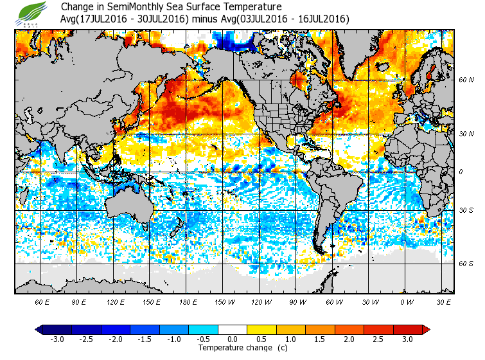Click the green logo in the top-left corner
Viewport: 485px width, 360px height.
click(33, 13)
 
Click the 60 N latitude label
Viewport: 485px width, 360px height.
click(466, 80)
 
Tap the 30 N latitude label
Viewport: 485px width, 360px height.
click(466, 134)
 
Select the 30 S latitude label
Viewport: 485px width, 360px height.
click(466, 210)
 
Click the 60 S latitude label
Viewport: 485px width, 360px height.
click(466, 264)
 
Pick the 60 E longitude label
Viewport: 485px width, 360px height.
click(42, 302)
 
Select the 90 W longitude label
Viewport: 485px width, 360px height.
click(297, 302)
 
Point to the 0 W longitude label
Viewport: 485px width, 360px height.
click(407, 302)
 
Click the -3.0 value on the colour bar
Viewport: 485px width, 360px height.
click(57, 339)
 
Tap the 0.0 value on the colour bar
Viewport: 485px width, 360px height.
click(233, 339)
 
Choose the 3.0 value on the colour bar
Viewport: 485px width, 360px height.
click(407, 339)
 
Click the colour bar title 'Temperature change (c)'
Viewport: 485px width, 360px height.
click(233, 348)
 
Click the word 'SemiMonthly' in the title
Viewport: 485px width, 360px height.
click(145, 7)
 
